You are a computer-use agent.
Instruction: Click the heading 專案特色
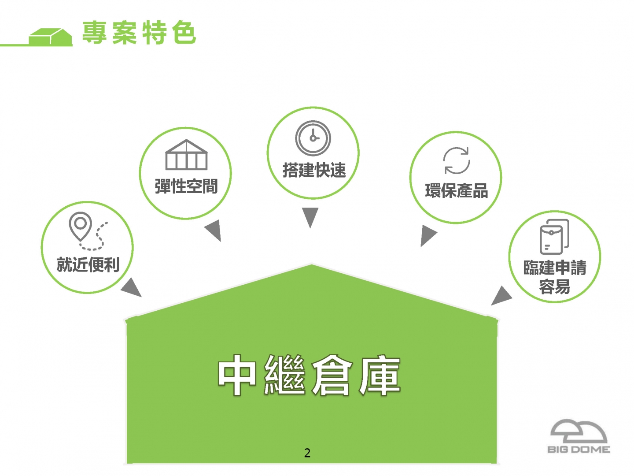click(139, 32)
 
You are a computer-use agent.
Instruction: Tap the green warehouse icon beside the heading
click(51, 37)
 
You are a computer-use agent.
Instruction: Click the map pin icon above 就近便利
click(80, 226)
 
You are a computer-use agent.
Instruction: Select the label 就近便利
click(88, 264)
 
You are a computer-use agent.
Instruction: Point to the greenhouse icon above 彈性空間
click(186, 155)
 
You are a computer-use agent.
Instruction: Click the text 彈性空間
click(186, 186)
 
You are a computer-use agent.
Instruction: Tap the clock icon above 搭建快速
click(313, 138)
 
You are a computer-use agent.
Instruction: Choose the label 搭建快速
click(314, 170)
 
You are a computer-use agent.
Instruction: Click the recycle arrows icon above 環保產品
click(457, 161)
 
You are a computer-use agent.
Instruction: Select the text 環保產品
click(457, 190)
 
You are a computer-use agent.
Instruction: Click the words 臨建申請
click(555, 268)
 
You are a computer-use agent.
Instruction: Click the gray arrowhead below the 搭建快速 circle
click(310, 216)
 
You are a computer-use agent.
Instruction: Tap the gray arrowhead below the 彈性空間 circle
click(214, 230)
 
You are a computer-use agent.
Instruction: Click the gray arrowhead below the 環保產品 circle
click(427, 234)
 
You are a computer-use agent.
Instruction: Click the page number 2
click(307, 453)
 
